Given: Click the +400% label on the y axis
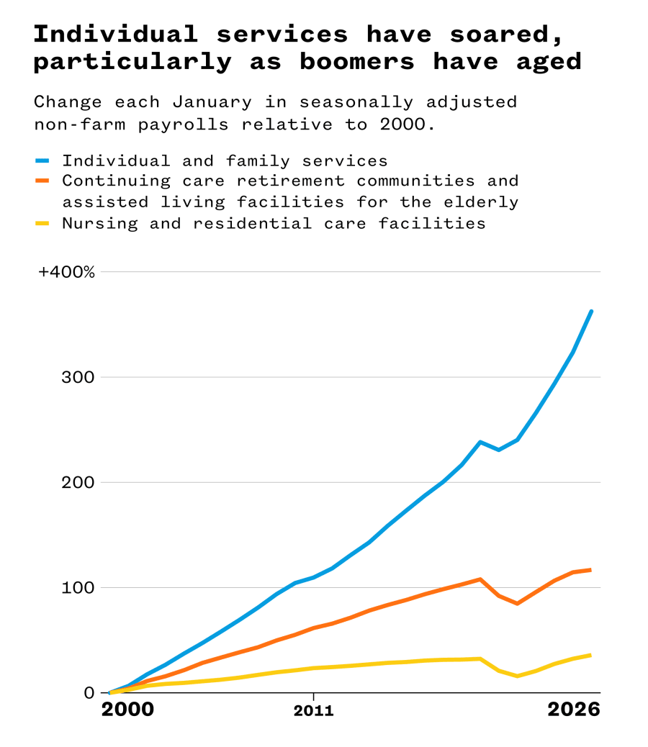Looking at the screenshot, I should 66,272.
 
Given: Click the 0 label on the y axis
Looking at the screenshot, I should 89,692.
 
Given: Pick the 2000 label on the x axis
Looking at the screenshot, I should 127,710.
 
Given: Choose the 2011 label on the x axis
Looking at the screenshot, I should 313,711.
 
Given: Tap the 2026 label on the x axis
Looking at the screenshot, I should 573,710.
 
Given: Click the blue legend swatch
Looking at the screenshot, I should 42,160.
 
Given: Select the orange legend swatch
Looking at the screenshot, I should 42,181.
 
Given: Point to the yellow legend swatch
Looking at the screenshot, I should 42,223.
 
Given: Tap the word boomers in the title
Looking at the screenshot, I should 357,61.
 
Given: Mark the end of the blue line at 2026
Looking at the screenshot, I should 591,311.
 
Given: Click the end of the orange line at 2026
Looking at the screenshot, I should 591,570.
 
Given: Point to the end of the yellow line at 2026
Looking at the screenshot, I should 591,655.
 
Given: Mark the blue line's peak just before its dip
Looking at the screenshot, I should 480,442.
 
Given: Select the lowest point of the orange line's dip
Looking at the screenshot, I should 517,603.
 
